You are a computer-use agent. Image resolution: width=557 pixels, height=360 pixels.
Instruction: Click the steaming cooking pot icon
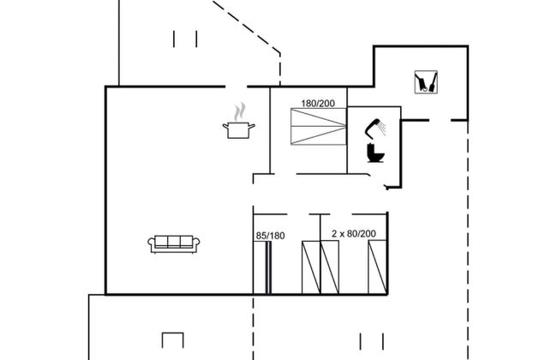point(239,128)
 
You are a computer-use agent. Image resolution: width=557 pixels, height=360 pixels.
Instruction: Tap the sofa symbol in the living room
point(174,243)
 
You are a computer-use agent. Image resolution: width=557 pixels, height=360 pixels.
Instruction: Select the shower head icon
point(372,128)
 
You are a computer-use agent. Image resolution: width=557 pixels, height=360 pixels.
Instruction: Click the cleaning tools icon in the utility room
point(426,81)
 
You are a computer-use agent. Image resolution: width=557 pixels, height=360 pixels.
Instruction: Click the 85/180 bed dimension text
point(270,234)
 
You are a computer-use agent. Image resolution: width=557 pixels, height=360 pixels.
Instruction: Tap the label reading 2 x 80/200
point(353,233)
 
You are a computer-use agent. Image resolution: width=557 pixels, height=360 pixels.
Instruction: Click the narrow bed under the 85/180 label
point(267,267)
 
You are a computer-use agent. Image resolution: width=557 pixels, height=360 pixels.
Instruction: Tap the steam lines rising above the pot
point(241,111)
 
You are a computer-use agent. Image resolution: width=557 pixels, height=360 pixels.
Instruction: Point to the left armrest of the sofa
point(152,245)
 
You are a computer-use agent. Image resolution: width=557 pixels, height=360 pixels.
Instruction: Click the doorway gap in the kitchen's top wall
point(237,87)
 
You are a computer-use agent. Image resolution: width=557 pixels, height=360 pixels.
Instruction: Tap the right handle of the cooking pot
point(254,127)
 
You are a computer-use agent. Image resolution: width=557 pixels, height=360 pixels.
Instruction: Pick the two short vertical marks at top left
point(185,39)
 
